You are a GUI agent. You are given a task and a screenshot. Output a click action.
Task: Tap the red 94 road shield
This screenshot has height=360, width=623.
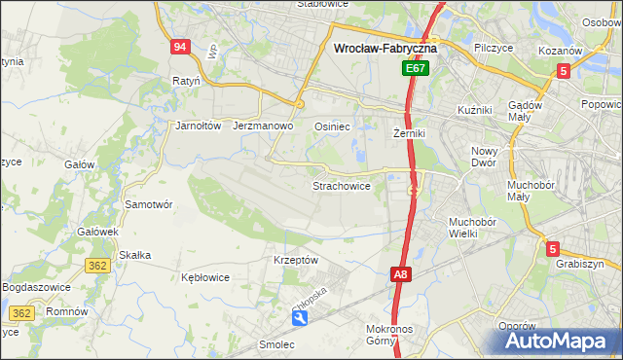tap(179, 47)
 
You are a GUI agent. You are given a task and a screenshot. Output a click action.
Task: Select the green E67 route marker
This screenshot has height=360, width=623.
tap(416, 69)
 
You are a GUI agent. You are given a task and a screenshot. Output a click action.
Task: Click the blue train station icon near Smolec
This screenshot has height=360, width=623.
tap(300, 318)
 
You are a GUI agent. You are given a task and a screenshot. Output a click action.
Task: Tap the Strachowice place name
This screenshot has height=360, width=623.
tap(341, 185)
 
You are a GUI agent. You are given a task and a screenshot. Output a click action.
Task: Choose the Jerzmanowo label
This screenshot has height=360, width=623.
tap(264, 126)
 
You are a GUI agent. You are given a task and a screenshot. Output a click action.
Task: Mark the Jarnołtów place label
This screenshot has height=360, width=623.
tap(200, 126)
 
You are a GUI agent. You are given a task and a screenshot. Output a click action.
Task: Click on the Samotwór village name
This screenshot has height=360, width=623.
tap(149, 204)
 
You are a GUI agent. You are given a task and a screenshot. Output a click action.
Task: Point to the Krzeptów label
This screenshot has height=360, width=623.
tap(296, 260)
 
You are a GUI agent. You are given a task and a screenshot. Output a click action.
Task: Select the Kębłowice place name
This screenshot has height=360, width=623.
tap(205, 277)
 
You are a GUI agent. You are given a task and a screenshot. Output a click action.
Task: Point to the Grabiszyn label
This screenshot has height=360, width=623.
tap(581, 264)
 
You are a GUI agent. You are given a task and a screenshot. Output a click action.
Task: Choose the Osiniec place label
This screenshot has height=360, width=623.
tap(331, 126)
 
